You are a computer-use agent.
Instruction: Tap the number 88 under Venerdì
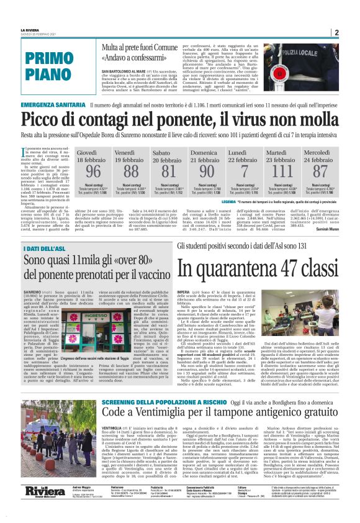(x=131, y=171)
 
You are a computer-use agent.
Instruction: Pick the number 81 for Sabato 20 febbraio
(x=168, y=171)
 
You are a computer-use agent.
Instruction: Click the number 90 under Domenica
(x=206, y=171)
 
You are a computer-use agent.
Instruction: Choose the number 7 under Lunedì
(x=244, y=171)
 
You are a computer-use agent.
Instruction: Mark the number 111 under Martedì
(x=282, y=171)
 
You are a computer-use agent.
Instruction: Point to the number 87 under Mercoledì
(x=320, y=171)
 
